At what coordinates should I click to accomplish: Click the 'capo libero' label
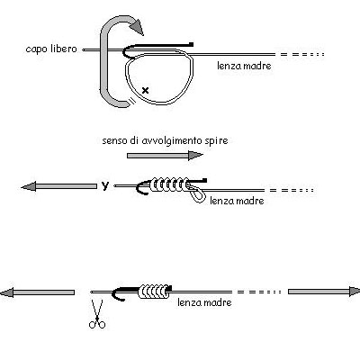pos(51,49)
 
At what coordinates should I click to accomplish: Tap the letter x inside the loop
pos(145,90)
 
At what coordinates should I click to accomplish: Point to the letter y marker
pos(104,186)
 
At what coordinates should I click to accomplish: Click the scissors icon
pos(97,314)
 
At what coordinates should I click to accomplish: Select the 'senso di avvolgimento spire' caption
pos(165,140)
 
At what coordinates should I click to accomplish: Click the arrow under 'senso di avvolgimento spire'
pos(165,156)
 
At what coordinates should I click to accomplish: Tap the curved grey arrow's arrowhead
pos(137,26)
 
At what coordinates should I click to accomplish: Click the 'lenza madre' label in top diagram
pos(244,66)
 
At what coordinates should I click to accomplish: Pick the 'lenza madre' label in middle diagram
pos(237,201)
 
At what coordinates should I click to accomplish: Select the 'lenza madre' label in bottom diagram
pos(204,302)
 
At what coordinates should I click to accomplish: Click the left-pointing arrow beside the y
pos(59,186)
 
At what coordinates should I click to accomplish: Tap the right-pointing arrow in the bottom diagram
pos(324,292)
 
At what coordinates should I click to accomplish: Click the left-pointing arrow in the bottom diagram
pos(37,292)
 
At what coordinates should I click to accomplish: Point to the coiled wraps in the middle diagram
pos(169,184)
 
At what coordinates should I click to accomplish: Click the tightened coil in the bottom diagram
pos(153,292)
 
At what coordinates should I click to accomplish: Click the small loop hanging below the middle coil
pos(198,195)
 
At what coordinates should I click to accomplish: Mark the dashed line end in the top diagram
pos(323,55)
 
